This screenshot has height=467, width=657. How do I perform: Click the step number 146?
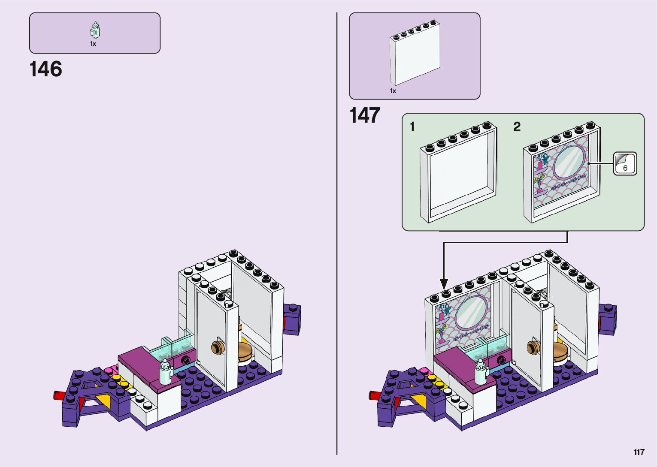click(x=46, y=69)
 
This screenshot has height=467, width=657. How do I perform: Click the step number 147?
click(x=365, y=115)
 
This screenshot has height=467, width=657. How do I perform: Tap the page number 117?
click(x=639, y=452)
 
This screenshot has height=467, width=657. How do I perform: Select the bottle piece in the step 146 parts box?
click(x=95, y=30)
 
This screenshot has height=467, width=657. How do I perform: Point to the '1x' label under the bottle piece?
click(x=93, y=44)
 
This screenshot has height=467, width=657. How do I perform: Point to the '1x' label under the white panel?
click(x=393, y=91)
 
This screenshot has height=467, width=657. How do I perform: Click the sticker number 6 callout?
click(x=625, y=164)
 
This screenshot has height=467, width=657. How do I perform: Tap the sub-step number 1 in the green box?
click(x=412, y=127)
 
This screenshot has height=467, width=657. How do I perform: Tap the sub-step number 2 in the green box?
click(x=517, y=127)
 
